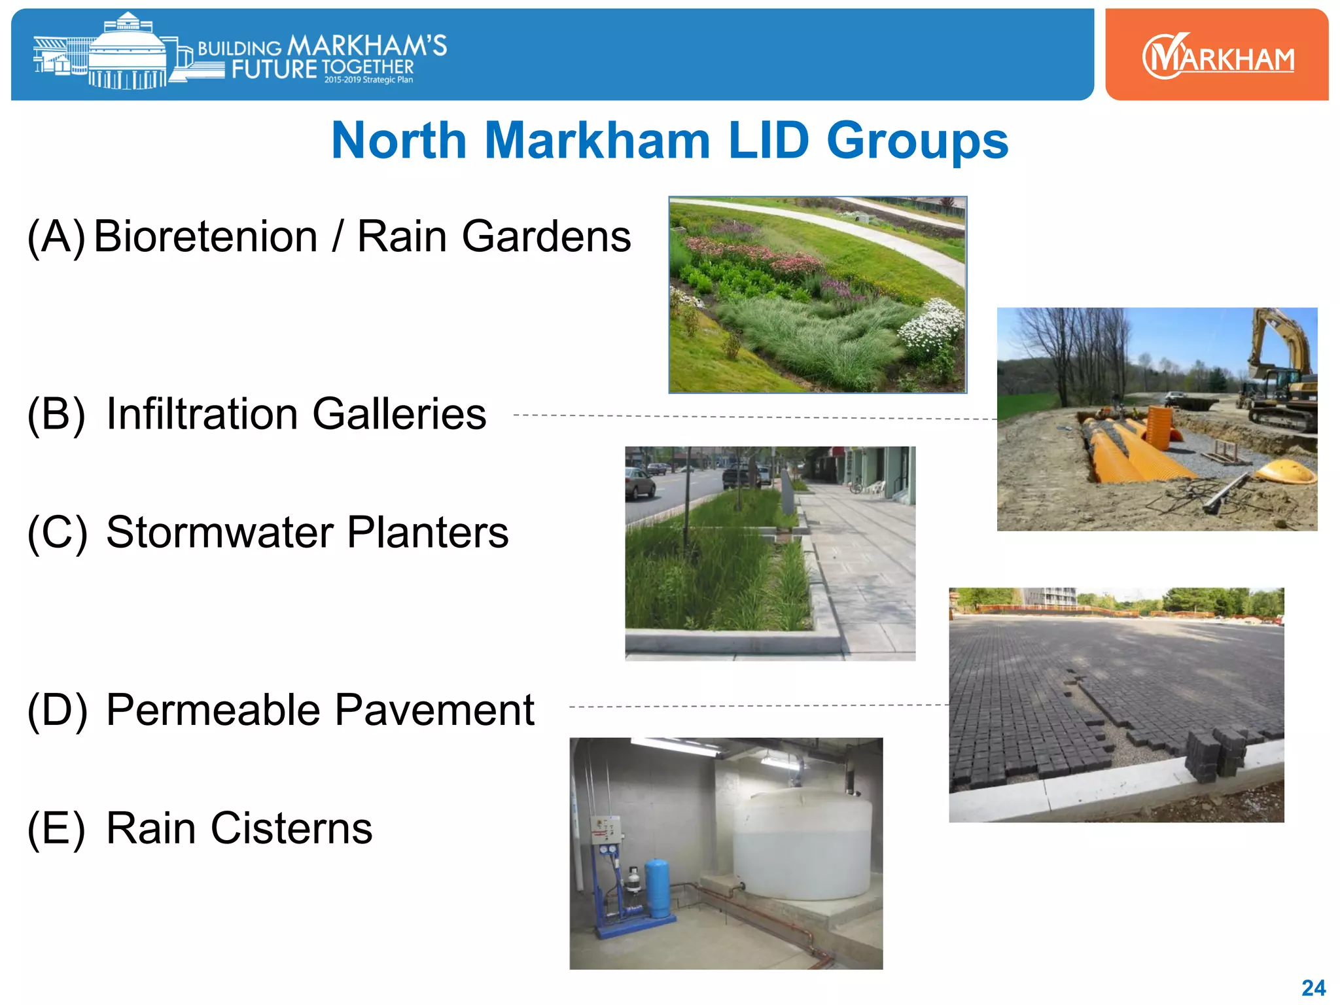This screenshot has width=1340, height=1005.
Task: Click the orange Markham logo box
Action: click(1216, 55)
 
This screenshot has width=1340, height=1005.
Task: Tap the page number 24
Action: click(1313, 987)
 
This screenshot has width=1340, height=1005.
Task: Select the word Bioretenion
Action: click(205, 236)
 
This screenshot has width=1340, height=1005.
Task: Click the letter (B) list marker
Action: click(56, 414)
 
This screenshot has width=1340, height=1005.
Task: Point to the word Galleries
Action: click(399, 414)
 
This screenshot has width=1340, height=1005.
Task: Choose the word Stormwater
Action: click(220, 532)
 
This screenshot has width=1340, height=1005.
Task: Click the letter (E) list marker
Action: click(56, 828)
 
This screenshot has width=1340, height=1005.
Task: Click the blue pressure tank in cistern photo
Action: click(658, 889)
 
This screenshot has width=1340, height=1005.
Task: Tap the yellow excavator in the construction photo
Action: click(1279, 373)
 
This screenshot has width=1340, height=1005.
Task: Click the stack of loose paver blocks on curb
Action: click(1214, 752)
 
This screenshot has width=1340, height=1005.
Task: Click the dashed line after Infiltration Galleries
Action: click(752, 417)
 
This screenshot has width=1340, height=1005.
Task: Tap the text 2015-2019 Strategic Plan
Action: click(368, 80)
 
